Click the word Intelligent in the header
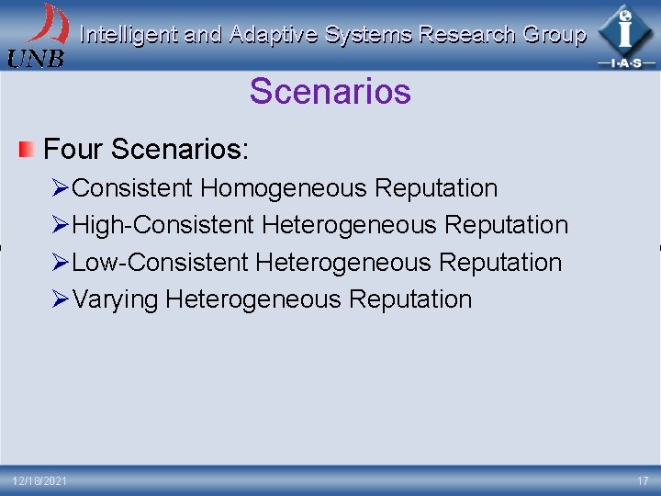click(129, 36)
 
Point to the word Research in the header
click(466, 36)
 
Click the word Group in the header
click(554, 36)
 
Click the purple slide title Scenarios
click(330, 92)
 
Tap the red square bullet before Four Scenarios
click(28, 148)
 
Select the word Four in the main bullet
click(73, 148)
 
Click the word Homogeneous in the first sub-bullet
click(285, 188)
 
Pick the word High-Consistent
click(162, 225)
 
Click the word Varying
click(117, 300)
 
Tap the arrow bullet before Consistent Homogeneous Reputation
click(61, 189)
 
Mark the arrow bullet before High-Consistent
click(61, 226)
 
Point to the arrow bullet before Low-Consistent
click(61, 264)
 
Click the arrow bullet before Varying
click(61, 300)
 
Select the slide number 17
click(643, 481)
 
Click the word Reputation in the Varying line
click(411, 299)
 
